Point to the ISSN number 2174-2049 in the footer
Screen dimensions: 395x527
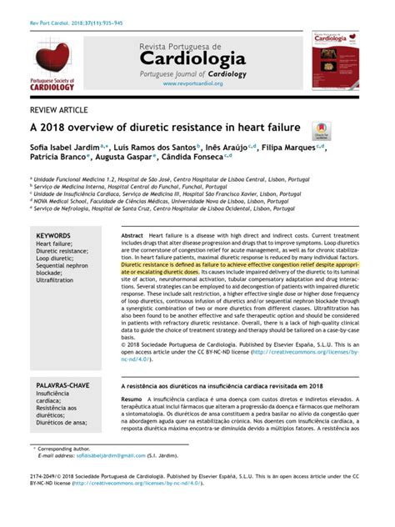pos(47,498)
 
